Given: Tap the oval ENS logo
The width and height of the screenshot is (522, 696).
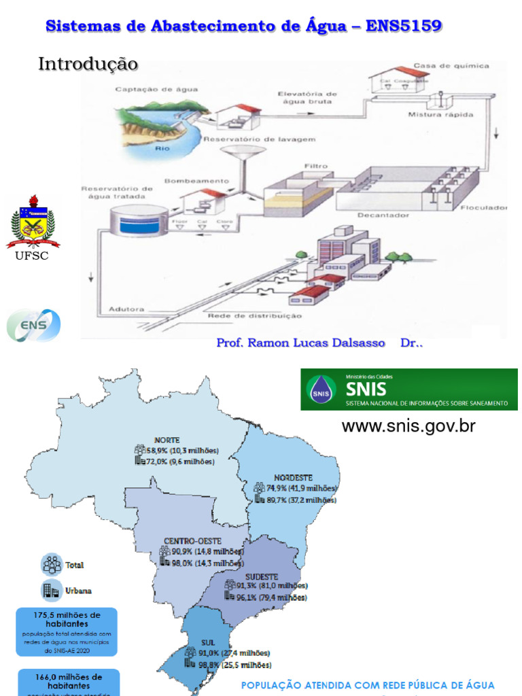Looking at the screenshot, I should coord(33,325).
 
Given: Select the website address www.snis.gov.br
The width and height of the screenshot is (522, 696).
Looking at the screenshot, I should coord(408,426).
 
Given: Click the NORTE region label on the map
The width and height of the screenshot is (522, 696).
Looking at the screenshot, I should coord(167,439).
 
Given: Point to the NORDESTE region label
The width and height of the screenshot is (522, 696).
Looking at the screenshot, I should coord(293,477).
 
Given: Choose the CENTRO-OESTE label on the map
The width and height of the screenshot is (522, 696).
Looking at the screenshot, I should coord(192,541).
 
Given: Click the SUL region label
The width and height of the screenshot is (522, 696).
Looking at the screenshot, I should coord(208,642).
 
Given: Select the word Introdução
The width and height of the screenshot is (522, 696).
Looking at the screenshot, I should coord(88,64).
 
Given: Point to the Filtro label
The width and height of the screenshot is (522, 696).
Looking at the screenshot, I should coord(316,165).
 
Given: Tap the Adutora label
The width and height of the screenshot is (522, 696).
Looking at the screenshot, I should coord(126,309).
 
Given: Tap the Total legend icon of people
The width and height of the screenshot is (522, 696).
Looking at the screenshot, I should coord(52,564).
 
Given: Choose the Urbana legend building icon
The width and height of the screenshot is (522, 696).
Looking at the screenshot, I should coord(52,590).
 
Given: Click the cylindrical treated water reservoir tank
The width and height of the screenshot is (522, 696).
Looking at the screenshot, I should coord(139,222).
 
